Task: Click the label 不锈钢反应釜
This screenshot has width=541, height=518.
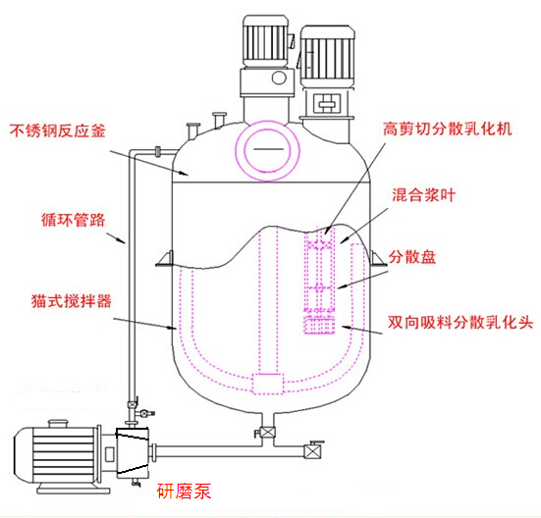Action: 57,130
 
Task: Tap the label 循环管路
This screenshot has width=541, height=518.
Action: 73,220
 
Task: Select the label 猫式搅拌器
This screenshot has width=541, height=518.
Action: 72,301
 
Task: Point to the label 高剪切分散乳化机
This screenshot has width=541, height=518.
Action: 447,129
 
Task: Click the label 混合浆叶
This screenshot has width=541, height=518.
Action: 424,195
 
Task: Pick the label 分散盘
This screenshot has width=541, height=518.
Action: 412,257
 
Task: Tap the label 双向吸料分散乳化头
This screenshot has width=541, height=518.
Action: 460,322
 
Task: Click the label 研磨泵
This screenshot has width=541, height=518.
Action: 184,491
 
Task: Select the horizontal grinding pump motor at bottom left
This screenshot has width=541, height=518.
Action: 57,454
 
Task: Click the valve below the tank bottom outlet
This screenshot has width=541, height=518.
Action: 267,433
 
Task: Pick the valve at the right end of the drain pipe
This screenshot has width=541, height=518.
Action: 312,450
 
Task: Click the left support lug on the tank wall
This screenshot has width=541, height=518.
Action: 165,259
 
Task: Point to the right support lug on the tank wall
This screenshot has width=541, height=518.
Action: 377,258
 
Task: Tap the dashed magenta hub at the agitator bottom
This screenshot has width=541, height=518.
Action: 268,384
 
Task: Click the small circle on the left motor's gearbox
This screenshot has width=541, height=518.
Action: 279,78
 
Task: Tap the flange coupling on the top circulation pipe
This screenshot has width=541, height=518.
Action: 158,151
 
